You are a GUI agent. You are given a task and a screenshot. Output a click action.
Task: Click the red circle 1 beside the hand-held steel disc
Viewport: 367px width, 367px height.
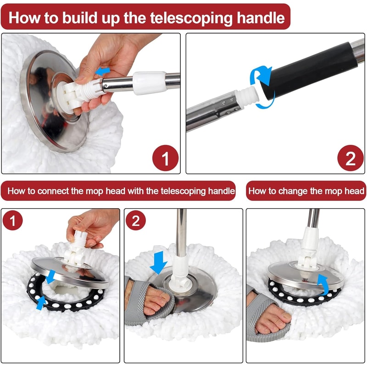click(x=165, y=159)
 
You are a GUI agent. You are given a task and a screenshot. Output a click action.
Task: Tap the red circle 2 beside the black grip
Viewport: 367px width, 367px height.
click(x=350, y=159)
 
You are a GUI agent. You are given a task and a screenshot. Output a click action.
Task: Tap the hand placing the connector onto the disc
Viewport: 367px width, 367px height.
click(x=92, y=225)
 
